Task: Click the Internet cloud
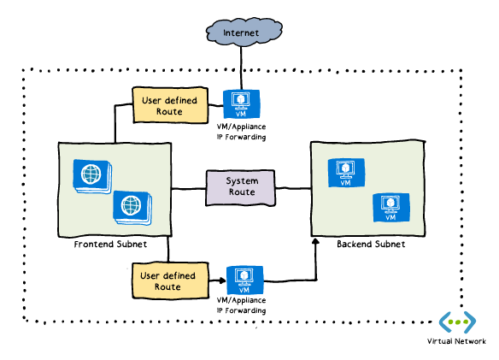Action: (x=244, y=32)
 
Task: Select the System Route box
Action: (x=241, y=187)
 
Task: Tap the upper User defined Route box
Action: (x=170, y=105)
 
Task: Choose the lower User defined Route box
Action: (x=170, y=280)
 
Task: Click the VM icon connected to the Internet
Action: (x=241, y=104)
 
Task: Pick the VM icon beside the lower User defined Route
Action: (x=244, y=280)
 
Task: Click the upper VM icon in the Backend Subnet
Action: (x=346, y=173)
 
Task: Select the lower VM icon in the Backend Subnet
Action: (x=391, y=208)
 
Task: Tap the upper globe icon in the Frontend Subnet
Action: (x=92, y=176)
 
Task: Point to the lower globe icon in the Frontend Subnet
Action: (x=132, y=208)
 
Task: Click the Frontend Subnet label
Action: (x=110, y=245)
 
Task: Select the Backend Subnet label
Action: (x=371, y=244)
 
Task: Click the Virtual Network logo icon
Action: (x=457, y=322)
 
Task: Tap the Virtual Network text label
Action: (x=456, y=341)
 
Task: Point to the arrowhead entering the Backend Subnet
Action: (x=315, y=241)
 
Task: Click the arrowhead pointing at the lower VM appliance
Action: (x=222, y=280)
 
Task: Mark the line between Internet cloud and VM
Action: (x=241, y=68)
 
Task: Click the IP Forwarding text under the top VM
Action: (x=241, y=138)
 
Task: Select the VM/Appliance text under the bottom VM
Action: (x=241, y=300)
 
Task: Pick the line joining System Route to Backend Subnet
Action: (x=293, y=189)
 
